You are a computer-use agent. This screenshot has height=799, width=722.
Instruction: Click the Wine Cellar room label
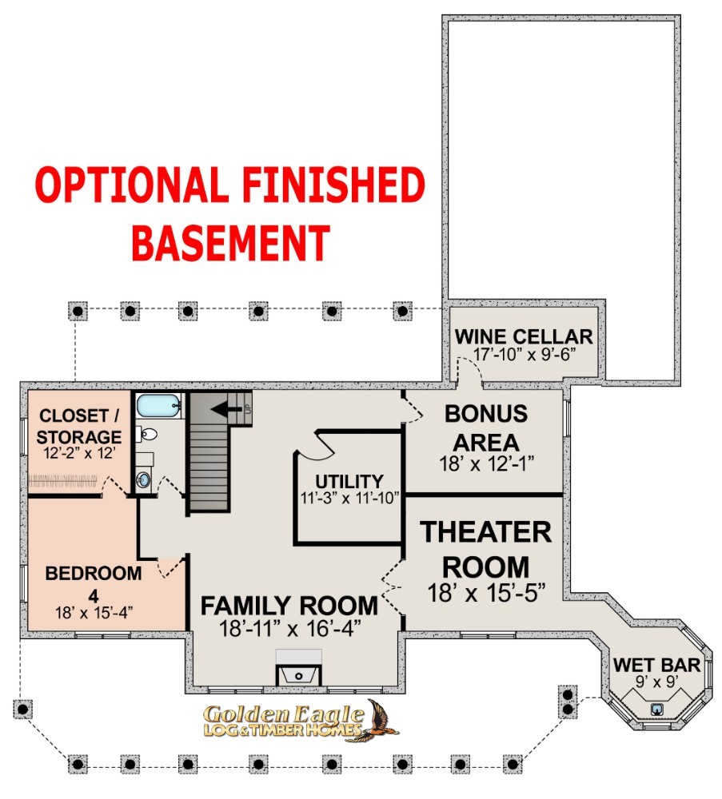[x=524, y=337]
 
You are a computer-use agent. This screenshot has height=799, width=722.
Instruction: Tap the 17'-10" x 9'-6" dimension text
[x=525, y=354]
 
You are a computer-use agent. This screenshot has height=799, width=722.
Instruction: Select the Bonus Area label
[x=486, y=428]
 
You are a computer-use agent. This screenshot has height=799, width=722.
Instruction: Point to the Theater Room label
[x=486, y=550]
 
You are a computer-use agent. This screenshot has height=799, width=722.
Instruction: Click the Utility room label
[x=349, y=482]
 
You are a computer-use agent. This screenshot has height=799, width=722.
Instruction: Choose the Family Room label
[x=289, y=606]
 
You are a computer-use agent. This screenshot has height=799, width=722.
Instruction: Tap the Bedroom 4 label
[x=94, y=583]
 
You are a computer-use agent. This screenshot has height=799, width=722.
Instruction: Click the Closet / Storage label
[x=79, y=427]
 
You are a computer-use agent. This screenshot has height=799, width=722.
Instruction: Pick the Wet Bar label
[x=656, y=665]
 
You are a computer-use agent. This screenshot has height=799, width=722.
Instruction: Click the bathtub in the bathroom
[x=158, y=406]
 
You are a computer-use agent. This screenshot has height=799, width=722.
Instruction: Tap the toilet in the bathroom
[x=147, y=435]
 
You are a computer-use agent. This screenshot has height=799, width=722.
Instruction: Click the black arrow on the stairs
[x=226, y=408]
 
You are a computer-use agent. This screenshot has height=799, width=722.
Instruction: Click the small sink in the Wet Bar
[x=657, y=709]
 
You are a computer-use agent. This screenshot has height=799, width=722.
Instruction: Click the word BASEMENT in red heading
[x=231, y=243]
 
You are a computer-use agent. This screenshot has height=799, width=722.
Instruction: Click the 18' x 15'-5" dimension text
[x=486, y=593]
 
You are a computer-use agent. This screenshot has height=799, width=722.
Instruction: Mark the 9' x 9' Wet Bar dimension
[x=656, y=682]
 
